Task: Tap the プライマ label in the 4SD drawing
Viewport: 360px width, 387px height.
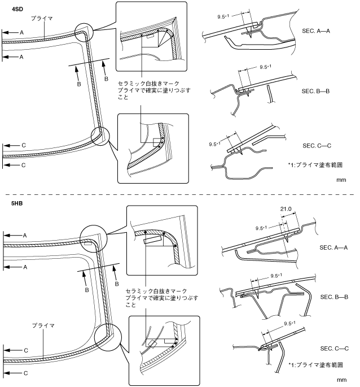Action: click(x=43, y=18)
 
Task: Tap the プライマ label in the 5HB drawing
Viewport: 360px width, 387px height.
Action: click(x=43, y=326)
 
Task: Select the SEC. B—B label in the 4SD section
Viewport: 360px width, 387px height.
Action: click(x=316, y=91)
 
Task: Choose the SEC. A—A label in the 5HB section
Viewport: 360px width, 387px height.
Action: click(x=333, y=247)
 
